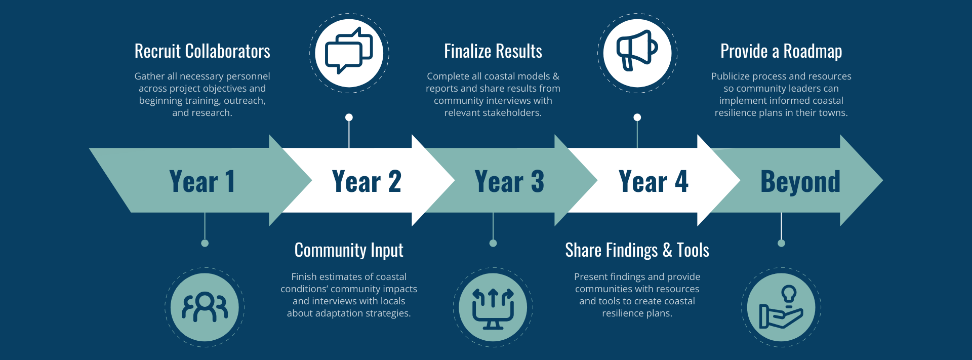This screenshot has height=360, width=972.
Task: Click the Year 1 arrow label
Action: click(202, 181)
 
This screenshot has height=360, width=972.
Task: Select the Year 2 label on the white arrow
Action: click(367, 181)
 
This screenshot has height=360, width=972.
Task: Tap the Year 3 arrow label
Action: click(509, 181)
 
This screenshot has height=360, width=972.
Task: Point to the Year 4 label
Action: click(653, 181)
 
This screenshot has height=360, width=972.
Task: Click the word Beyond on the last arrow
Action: click(800, 182)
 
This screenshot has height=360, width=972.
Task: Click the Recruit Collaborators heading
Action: click(202, 51)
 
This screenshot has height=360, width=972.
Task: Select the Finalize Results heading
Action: click(493, 51)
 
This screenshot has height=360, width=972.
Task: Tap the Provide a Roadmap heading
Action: click(781, 52)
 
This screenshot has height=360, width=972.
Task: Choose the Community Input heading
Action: click(349, 250)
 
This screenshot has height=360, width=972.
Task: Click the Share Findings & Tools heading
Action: click(637, 250)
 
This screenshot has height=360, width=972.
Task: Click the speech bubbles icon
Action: click(349, 51)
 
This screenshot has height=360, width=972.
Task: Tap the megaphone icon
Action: click(637, 51)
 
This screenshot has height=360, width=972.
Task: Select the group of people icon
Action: click(205, 307)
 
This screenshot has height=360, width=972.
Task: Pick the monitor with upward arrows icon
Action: click(493, 308)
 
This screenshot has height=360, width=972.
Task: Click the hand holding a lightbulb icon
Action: click(781, 307)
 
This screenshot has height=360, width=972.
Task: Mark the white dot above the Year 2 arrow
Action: click(349, 117)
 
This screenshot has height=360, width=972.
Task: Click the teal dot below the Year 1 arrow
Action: click(205, 243)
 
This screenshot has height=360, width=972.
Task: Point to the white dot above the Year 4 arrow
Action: click(637, 117)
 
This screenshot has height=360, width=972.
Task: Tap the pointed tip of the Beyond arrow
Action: click(882, 180)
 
